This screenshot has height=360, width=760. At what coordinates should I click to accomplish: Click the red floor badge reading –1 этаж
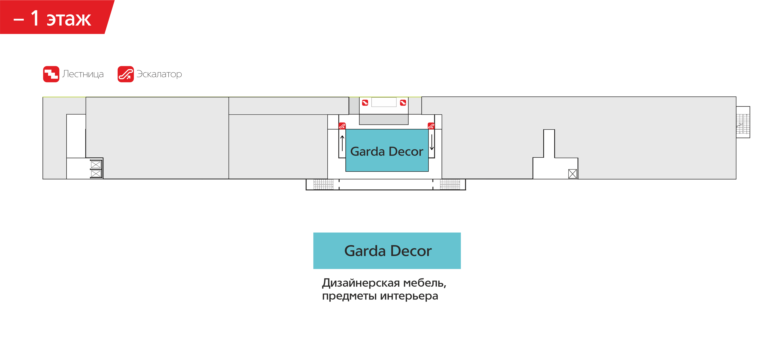tap(53, 18)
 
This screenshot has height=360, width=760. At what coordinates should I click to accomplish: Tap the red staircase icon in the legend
tap(51, 74)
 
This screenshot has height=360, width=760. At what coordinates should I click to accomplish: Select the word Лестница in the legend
tap(83, 74)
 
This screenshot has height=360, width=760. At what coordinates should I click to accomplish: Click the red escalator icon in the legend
tap(125, 74)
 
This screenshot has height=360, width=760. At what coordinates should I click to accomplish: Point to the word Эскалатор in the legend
tap(159, 74)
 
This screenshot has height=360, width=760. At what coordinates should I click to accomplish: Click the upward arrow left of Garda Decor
tap(342, 143)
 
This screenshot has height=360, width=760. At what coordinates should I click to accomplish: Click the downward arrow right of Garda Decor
tap(432, 142)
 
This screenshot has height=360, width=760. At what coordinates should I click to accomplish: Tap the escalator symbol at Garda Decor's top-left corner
tap(342, 126)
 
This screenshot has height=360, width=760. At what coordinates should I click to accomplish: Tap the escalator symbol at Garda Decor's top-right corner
tap(431, 126)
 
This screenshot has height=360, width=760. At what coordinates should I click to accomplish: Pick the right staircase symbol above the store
tap(403, 103)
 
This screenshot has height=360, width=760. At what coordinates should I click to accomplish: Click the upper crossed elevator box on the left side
tap(96, 164)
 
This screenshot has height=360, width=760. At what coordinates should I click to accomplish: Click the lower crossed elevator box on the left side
tap(96, 174)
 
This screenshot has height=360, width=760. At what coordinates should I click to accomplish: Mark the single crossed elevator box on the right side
tap(572, 174)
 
